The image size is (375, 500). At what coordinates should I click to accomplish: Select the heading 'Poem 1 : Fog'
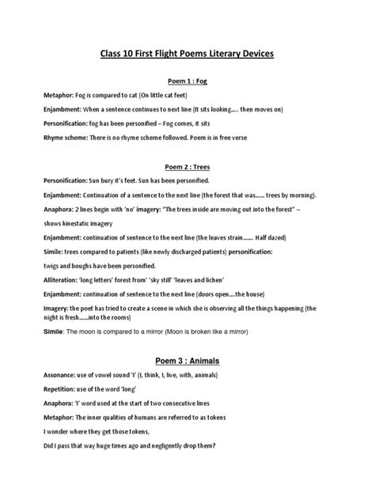187,81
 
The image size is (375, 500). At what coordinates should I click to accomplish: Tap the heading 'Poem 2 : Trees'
187,167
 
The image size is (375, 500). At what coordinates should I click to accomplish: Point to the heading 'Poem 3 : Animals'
187,361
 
